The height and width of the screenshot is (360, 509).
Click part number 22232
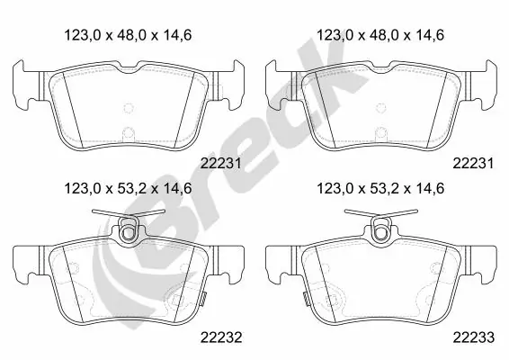pos(220,337)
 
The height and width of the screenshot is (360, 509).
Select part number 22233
pos(474,337)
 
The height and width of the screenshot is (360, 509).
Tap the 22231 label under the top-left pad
pos(220,163)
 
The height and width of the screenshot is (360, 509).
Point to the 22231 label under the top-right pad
pos(473,163)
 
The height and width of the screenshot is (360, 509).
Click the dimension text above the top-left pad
pos(128,35)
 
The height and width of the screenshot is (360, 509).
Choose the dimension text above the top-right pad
pos(380,35)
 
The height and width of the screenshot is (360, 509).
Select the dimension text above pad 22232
pos(128,188)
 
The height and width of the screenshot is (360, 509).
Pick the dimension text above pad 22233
pos(380,188)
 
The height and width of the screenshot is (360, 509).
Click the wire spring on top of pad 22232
pos(129,214)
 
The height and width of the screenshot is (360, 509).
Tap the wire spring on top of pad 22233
pos(381,214)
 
